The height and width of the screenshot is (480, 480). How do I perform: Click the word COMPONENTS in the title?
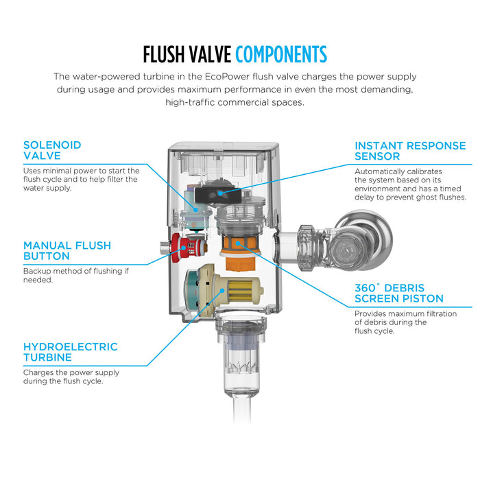[x=281, y=54]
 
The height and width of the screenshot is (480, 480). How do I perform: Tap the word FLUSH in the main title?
[x=163, y=54]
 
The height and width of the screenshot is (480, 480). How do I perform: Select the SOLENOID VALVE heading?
[x=52, y=150]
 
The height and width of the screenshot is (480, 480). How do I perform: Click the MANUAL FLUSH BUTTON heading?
[x=67, y=251]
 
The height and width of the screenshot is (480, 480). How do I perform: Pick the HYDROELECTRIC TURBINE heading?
[x=71, y=352]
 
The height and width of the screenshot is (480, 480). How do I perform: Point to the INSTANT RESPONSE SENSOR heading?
[x=410, y=151]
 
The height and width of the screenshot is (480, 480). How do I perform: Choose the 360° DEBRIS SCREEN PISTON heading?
[x=399, y=293]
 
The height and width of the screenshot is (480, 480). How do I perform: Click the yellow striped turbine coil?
[x=240, y=289]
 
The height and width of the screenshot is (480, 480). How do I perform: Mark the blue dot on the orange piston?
[x=237, y=243]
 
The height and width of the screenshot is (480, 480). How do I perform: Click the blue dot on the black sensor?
[x=220, y=193]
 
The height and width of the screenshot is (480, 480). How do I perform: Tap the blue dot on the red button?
[x=183, y=248]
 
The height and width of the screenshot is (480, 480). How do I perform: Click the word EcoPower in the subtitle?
[x=227, y=77]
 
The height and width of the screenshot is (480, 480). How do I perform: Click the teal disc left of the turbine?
[x=191, y=289]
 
